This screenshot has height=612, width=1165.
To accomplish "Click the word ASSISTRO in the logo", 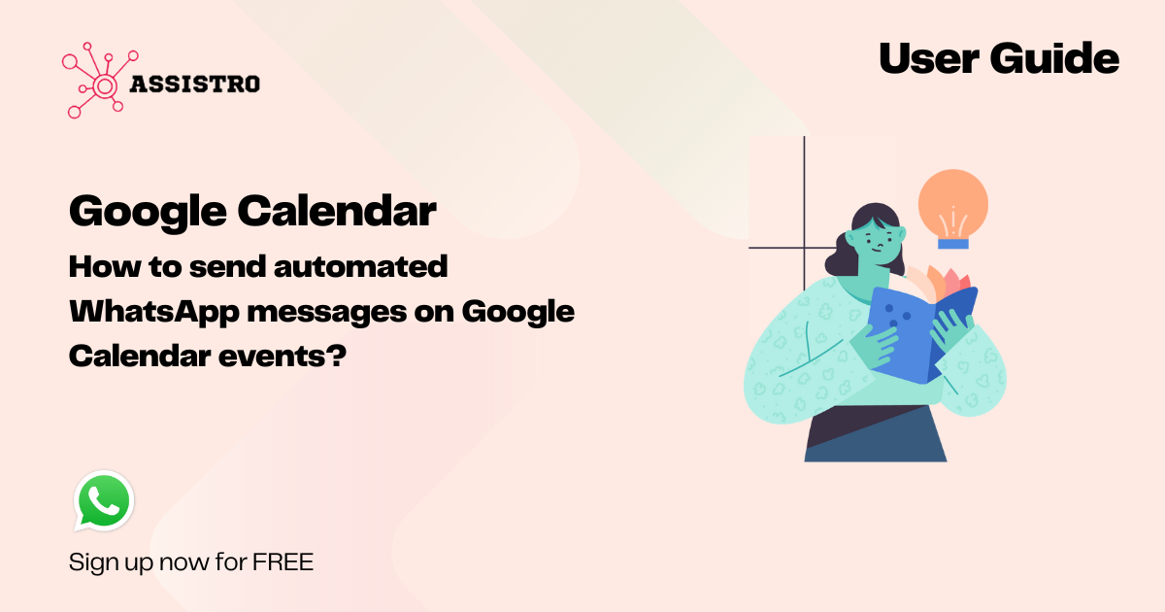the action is [x=194, y=85].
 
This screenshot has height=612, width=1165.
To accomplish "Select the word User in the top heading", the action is [x=929, y=58].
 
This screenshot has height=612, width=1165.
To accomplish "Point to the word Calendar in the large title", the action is [x=337, y=211].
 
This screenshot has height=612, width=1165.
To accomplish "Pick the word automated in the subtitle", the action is [x=360, y=266].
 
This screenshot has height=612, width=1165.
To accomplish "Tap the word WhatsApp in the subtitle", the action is [x=154, y=312].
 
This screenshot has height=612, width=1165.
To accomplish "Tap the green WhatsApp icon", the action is [x=104, y=501].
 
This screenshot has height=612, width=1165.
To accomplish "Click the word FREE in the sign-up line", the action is [x=283, y=562].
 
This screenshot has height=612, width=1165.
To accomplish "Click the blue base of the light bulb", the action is [x=953, y=244].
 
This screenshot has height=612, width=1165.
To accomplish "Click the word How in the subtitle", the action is [x=105, y=266].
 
